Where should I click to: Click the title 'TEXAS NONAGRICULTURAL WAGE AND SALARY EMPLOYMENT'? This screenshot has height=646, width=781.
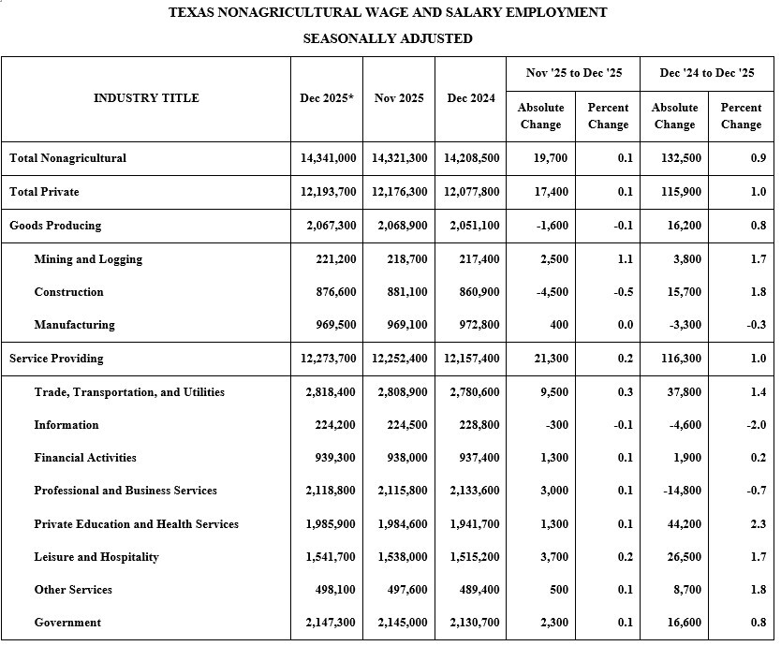pyautogui.click(x=388, y=12)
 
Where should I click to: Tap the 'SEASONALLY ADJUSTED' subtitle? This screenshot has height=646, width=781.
pyautogui.click(x=388, y=38)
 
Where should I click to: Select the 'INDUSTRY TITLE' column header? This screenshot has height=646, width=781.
pyautogui.click(x=146, y=98)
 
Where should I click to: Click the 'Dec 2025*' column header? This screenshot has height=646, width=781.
pyautogui.click(x=327, y=98)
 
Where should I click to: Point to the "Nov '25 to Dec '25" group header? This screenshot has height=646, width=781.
pyautogui.click(x=574, y=73)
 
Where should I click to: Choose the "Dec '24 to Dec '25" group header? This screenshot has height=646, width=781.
pyautogui.click(x=707, y=73)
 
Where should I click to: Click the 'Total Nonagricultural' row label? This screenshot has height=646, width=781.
pyautogui.click(x=67, y=158)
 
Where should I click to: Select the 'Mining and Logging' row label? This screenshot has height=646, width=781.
pyautogui.click(x=88, y=259)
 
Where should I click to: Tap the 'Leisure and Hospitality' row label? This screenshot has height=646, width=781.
pyautogui.click(x=96, y=557)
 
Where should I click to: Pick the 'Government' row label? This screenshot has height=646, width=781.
pyautogui.click(x=67, y=623)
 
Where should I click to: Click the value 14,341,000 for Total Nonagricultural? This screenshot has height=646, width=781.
pyautogui.click(x=329, y=158)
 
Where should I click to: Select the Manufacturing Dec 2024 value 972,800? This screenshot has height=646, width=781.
pyautogui.click(x=473, y=325)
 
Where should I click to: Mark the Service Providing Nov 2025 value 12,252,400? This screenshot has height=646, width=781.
pyautogui.click(x=400, y=359)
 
